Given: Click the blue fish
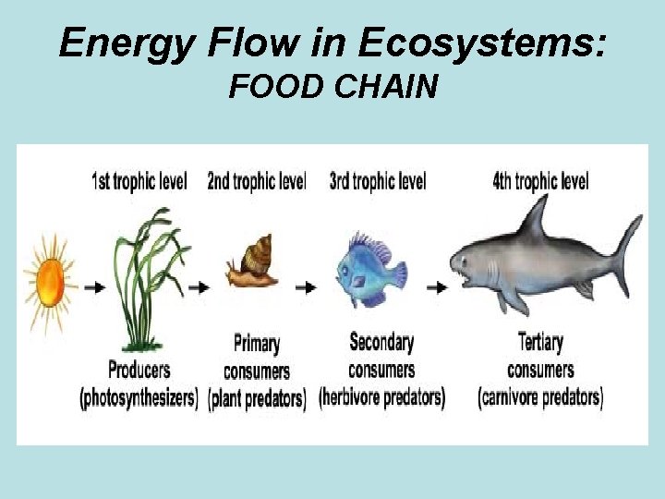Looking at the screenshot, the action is (x=370, y=268).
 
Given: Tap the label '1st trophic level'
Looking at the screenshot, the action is (x=139, y=181).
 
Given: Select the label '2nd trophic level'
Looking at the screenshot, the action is (x=256, y=181).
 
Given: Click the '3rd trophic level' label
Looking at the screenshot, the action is (x=378, y=181).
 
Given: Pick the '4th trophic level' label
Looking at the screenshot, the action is (x=541, y=181).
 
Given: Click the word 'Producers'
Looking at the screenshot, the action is (x=139, y=371).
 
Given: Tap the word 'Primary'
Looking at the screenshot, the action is (x=257, y=345).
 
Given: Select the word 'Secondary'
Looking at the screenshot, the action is (x=381, y=343).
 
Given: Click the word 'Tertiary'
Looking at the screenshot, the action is (x=541, y=343).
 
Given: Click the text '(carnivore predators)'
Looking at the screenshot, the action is (x=541, y=398).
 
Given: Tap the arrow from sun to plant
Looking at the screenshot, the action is (x=94, y=287).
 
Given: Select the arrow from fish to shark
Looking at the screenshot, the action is (x=437, y=287).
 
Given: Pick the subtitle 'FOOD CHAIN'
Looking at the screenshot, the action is (x=333, y=88).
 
